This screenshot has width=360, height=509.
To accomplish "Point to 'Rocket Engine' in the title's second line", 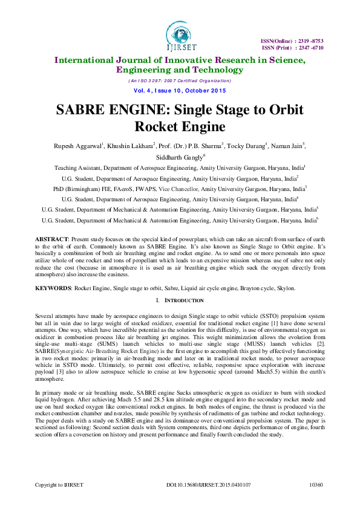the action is tap(180, 127).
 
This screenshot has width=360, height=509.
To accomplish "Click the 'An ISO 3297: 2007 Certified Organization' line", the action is tap(179, 80).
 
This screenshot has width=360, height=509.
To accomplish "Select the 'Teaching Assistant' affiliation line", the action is tap(179, 167).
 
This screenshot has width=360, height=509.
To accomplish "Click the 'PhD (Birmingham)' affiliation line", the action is tap(179, 189).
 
